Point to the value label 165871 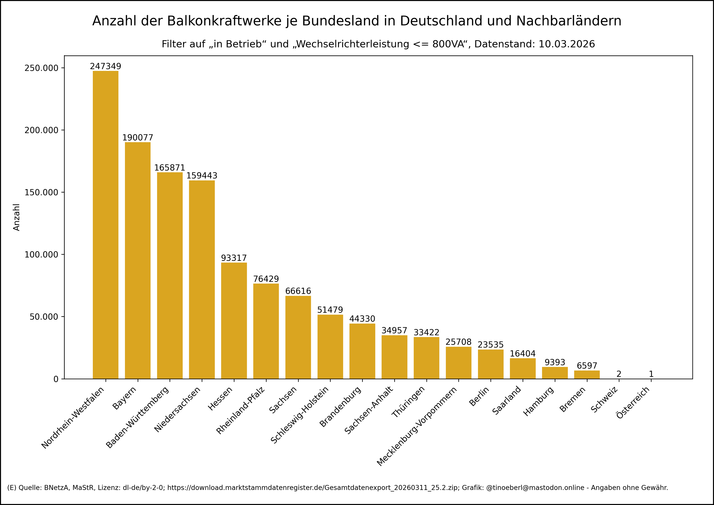coord(170,168)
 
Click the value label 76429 coord(266,279)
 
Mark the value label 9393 coord(555,362)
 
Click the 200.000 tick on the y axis coord(41,130)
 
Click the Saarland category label coord(507,400)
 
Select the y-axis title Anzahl coord(16,217)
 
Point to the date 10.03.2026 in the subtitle coord(566,44)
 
